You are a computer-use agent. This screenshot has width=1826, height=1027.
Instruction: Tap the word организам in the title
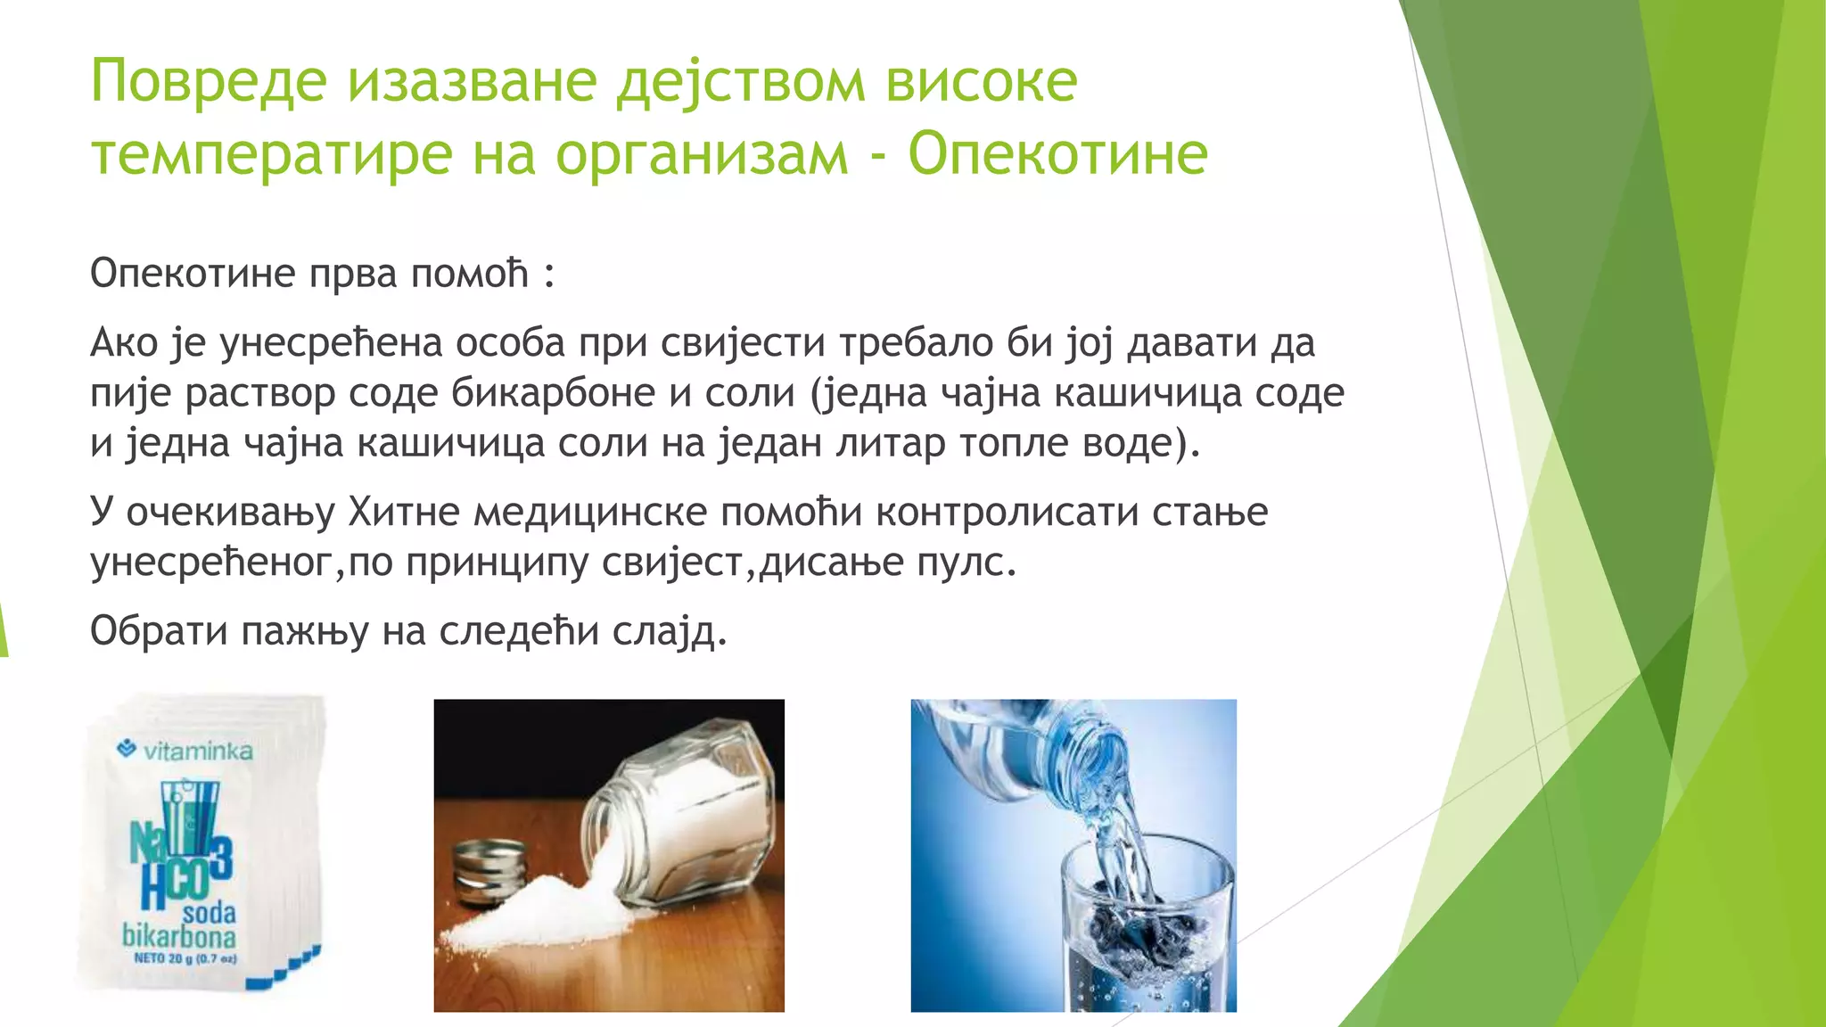point(701,155)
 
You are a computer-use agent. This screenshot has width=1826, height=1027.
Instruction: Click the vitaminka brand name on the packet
point(197,752)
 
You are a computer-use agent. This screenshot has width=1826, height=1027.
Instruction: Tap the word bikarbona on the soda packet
point(179,936)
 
